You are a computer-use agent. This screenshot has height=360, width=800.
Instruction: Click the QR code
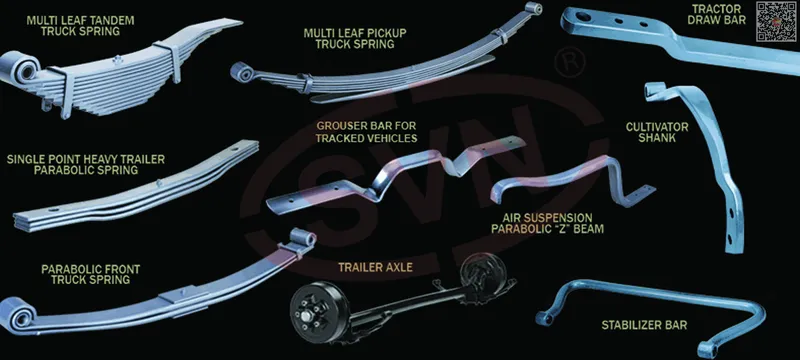point(776,21)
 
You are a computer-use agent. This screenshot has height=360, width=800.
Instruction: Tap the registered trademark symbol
point(569,62)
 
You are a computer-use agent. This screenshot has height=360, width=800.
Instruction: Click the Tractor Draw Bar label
point(716,14)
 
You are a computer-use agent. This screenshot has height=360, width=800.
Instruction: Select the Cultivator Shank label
point(657,132)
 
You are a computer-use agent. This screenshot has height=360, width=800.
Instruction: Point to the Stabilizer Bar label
point(644,325)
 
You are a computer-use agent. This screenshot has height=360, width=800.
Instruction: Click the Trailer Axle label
point(375,267)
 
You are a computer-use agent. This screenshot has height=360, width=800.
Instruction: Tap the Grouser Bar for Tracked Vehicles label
point(366,132)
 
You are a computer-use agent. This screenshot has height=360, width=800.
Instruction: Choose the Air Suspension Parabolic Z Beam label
point(547,223)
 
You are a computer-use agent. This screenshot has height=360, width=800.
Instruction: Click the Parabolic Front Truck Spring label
point(90,274)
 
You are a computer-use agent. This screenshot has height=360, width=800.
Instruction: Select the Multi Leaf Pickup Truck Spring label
point(355,39)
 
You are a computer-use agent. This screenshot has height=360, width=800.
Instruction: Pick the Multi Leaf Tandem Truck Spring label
point(81,26)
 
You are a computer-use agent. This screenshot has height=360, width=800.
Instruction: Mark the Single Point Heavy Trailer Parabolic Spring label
point(86,165)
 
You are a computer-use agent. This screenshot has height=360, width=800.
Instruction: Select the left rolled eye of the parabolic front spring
point(17,315)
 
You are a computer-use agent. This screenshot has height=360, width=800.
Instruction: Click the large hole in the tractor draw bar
point(583,17)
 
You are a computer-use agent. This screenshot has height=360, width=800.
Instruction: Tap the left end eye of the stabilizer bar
point(544,318)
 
